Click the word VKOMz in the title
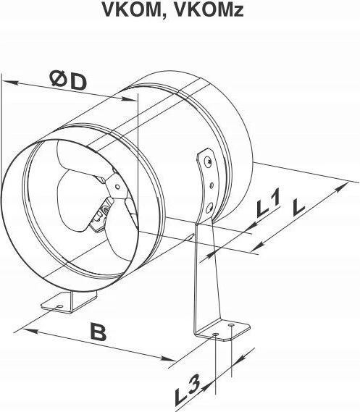[209, 9]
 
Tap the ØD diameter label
[69, 80]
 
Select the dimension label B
[99, 332]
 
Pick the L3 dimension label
[188, 390]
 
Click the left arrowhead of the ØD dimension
[10, 83]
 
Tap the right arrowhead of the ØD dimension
[130, 98]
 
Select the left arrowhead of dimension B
[30, 332]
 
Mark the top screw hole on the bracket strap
[209, 160]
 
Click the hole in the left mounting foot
[60, 306]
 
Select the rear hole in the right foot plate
[231, 326]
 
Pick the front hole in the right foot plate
[215, 334]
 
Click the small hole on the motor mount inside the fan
[117, 187]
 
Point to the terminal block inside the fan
[101, 214]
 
